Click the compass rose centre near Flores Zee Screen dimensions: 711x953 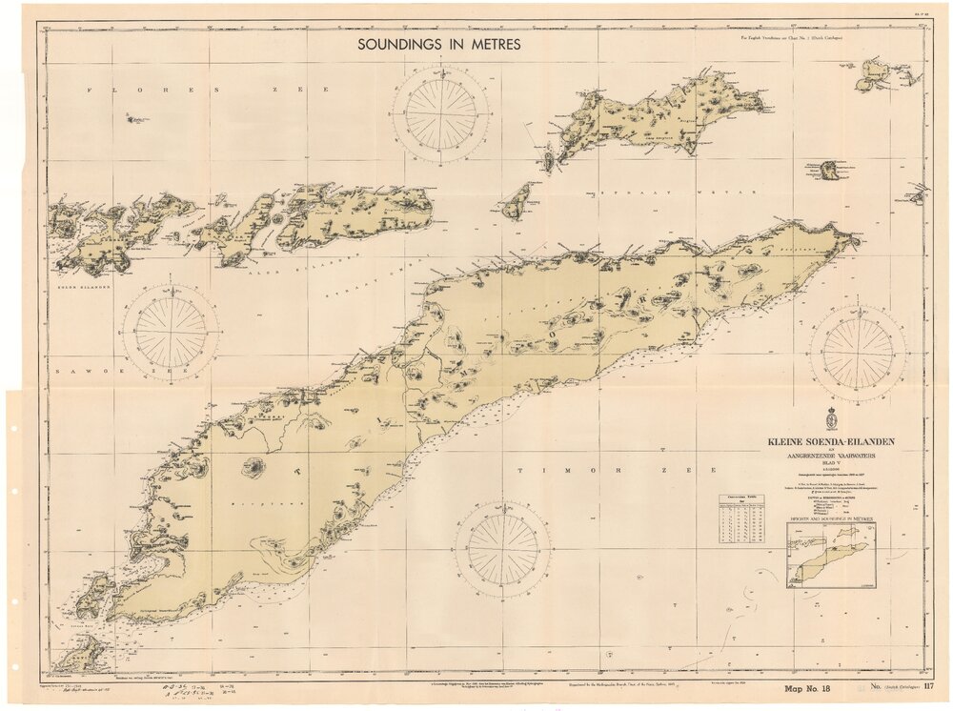click(x=441, y=112)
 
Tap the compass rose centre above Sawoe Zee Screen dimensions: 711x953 click(x=172, y=334)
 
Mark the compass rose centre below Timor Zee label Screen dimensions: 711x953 click(x=502, y=550)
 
